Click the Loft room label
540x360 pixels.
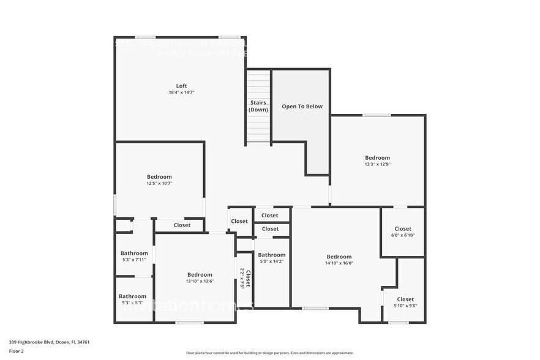(x=181, y=86)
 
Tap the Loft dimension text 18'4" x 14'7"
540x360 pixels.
(x=181, y=92)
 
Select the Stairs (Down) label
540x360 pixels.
(x=258, y=106)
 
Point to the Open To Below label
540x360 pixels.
(x=302, y=107)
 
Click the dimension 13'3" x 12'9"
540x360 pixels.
(x=377, y=164)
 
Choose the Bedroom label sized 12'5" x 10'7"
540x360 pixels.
(x=159, y=177)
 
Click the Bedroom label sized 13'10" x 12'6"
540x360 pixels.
(x=200, y=275)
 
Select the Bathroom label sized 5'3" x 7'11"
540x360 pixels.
(x=134, y=253)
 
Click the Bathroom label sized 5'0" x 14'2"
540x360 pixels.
(x=271, y=255)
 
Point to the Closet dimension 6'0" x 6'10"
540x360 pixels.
(x=403, y=236)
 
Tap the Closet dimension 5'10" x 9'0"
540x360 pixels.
(x=405, y=306)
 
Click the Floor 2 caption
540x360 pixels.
(x=17, y=351)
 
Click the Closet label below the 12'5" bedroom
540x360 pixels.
(x=182, y=225)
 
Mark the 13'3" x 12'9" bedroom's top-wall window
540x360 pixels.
(x=376, y=115)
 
